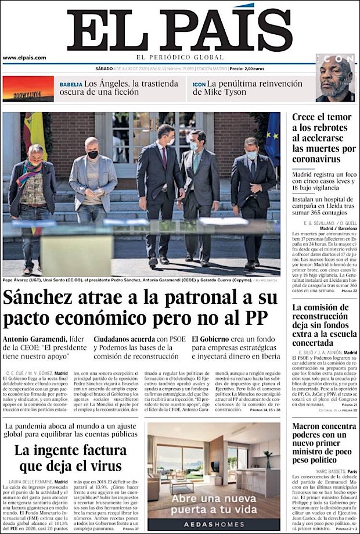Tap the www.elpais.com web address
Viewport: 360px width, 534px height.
click(x=24, y=58)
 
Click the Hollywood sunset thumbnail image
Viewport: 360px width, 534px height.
click(x=28, y=89)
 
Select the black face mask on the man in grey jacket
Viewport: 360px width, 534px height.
click(x=92, y=155)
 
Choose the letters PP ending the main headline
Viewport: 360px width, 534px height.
click(x=265, y=319)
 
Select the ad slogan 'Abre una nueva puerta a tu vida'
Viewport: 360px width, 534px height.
click(x=213, y=503)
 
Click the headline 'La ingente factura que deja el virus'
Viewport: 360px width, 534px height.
click(x=68, y=458)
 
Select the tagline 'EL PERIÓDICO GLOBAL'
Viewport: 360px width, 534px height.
click(x=179, y=58)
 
